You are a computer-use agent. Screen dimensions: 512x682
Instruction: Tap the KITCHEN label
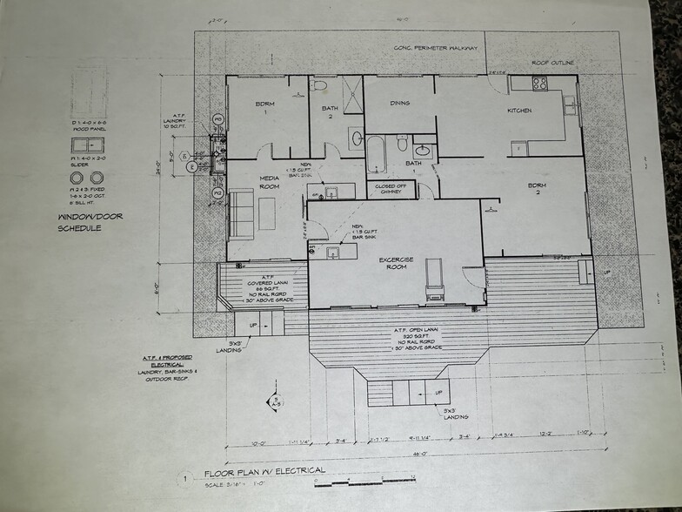tap(520, 111)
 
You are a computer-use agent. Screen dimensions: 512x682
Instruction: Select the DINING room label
tap(399, 104)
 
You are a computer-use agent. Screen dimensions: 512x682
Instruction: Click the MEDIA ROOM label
tap(269, 182)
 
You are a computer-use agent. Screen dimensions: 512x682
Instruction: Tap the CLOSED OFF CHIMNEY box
tap(391, 189)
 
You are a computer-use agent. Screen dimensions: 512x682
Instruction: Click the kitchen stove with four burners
tap(539, 84)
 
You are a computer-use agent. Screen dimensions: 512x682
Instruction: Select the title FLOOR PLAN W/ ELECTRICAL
tap(264, 471)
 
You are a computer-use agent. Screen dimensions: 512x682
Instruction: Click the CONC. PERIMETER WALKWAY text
tap(436, 47)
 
